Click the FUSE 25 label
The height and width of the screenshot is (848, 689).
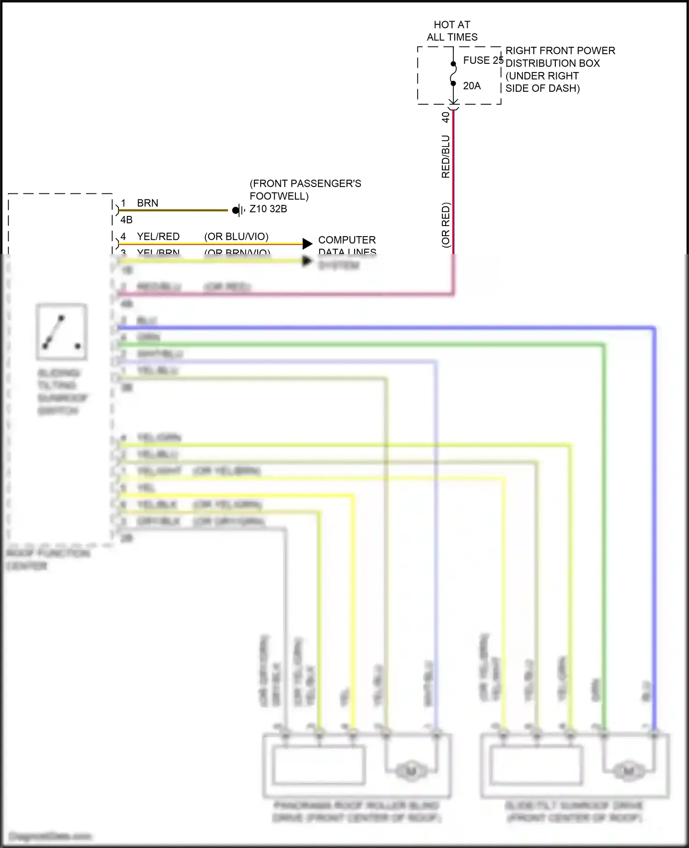[x=482, y=60]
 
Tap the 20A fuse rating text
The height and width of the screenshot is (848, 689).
[x=472, y=86]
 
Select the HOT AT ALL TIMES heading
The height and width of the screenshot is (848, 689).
[x=452, y=31]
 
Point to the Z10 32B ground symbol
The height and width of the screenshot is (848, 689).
[x=238, y=210]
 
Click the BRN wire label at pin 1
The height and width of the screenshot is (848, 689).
[x=147, y=203]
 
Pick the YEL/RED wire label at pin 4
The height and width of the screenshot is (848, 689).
[x=158, y=237]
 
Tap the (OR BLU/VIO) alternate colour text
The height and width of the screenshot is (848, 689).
[x=236, y=237]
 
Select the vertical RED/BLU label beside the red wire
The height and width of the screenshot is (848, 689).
[x=446, y=156]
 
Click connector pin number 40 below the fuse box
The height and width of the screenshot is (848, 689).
[x=446, y=117]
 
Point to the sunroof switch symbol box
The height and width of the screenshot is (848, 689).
[x=62, y=332]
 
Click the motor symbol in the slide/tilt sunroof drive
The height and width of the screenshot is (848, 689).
[x=628, y=770]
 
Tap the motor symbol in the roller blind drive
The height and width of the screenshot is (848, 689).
[x=411, y=770]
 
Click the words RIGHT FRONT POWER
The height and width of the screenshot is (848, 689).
[x=560, y=51]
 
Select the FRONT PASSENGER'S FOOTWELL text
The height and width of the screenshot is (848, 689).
[x=305, y=190]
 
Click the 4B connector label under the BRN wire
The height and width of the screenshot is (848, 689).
[x=126, y=220]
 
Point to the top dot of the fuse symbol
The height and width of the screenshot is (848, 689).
[x=453, y=64]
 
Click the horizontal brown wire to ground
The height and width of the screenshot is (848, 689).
[x=175, y=210]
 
